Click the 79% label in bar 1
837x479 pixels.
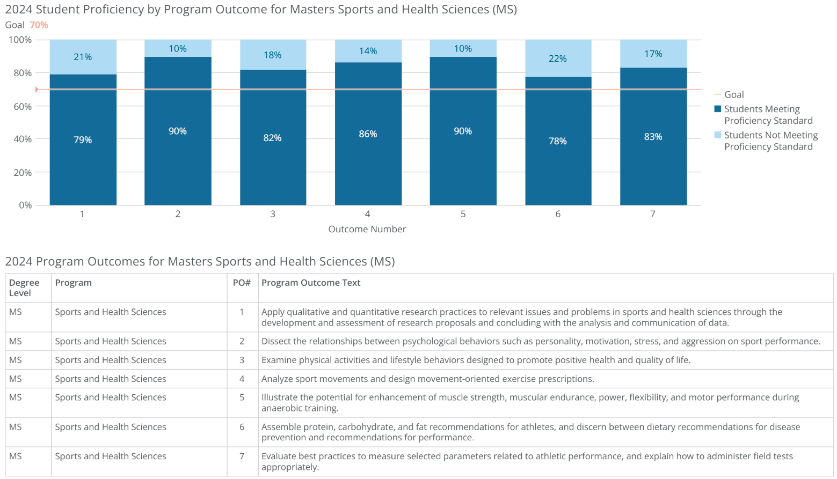point(83,140)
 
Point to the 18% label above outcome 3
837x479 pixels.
point(273,55)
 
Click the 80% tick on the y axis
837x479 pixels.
point(23,73)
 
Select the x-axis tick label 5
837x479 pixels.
point(463,214)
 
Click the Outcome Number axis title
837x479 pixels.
point(367,229)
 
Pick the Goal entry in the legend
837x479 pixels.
point(733,94)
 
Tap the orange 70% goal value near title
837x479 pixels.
point(39,25)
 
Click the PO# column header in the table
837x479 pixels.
point(242,283)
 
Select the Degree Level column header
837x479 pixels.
point(24,288)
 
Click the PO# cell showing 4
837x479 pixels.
point(242,379)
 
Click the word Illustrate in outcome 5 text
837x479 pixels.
point(279,397)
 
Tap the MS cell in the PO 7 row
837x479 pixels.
point(16,456)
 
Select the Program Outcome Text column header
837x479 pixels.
point(311,283)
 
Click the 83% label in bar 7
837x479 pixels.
point(653,137)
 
